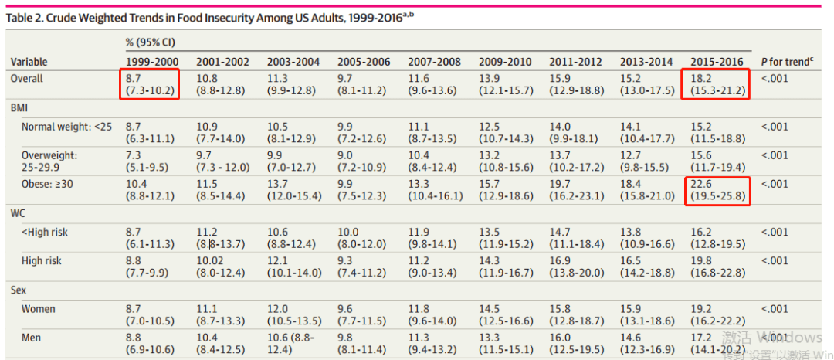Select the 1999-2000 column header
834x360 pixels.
coord(153,62)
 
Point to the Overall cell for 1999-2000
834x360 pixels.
coord(150,84)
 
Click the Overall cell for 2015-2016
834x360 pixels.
coord(717,84)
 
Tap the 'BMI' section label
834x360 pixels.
coord(19,108)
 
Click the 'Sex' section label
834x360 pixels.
coord(19,291)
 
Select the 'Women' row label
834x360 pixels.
coord(39,309)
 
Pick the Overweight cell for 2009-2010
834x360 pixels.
coord(505,161)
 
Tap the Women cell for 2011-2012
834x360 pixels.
coord(577,315)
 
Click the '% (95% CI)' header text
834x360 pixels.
coord(151,42)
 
